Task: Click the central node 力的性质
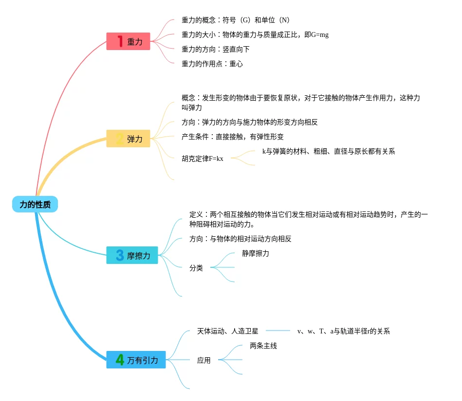point(35,205)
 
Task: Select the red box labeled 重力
point(129,41)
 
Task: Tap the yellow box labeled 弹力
point(129,139)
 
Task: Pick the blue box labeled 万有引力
point(136,360)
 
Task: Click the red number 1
point(120,41)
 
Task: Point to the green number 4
point(120,360)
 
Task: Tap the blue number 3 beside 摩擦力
point(120,255)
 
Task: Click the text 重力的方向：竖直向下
point(216,49)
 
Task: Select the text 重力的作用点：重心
point(212,64)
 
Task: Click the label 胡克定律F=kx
point(203,158)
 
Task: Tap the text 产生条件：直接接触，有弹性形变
point(233,137)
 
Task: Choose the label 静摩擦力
point(256,253)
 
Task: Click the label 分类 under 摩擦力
point(196,268)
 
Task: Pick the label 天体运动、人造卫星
point(227,331)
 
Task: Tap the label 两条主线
point(263,346)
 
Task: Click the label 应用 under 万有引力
point(204,360)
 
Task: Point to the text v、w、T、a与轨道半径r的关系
point(344,331)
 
